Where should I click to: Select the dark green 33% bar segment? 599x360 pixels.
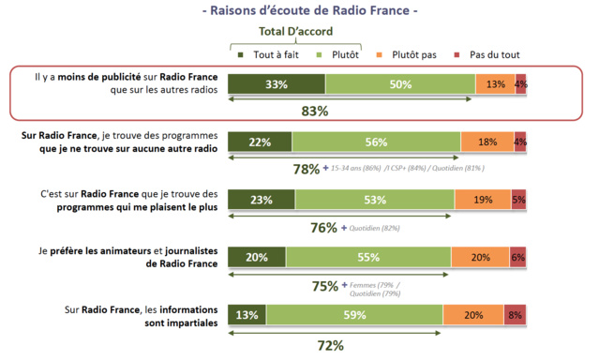point(277,84)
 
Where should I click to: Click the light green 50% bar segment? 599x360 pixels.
point(400,84)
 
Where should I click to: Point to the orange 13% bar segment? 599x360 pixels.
point(495,84)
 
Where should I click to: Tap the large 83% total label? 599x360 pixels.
point(314,112)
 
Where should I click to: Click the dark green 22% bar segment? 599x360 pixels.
point(260,142)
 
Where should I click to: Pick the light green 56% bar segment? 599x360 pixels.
point(376,142)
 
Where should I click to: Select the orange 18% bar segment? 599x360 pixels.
point(487,142)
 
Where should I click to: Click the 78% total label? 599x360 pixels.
point(307,169)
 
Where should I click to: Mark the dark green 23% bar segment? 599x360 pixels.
point(262,200)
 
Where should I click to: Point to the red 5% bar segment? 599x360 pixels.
point(518,200)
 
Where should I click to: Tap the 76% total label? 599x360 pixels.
point(323,227)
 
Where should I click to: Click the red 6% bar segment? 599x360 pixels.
point(517,258)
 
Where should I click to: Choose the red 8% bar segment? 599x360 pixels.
point(515,316)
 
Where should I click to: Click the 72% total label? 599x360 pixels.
point(330,345)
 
